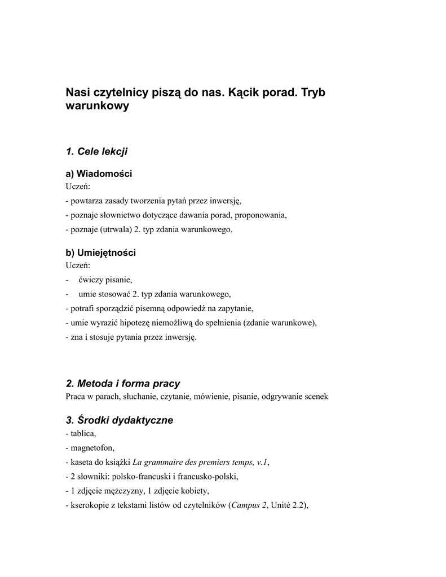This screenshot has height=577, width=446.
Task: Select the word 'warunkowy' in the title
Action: pyautogui.click(x=98, y=106)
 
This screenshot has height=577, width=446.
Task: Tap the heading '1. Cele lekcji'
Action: pyautogui.click(x=97, y=151)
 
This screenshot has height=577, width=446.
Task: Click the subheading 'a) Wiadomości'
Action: pyautogui.click(x=99, y=174)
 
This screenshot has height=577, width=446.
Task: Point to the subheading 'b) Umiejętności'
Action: pyautogui.click(x=101, y=253)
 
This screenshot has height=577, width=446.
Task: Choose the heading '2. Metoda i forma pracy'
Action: pyautogui.click(x=123, y=384)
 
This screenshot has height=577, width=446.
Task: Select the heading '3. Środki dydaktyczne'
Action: pyautogui.click(x=120, y=420)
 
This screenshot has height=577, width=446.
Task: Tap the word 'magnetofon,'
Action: pyautogui.click(x=92, y=448)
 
